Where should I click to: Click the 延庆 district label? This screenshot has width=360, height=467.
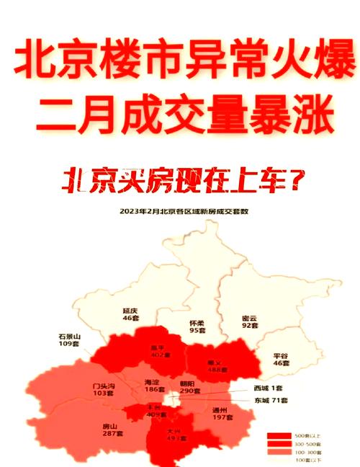pos(130,312)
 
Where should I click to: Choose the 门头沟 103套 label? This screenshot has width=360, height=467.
pos(104,390)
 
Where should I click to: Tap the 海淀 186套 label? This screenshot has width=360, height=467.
pos(152,386)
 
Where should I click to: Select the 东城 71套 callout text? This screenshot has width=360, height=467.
pos(271,399)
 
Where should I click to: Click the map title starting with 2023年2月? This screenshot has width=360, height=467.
pos(181,212)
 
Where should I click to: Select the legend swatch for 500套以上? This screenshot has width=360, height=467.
pos(277,436)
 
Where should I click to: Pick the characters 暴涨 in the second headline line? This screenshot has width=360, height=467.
pos(287,114)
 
